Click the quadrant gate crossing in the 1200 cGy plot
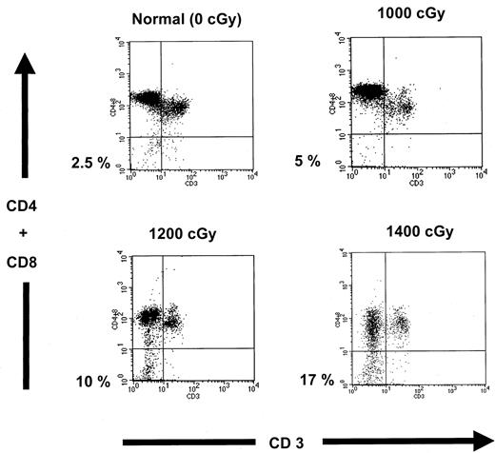(162, 347)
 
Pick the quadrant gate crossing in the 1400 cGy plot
(386, 350)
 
